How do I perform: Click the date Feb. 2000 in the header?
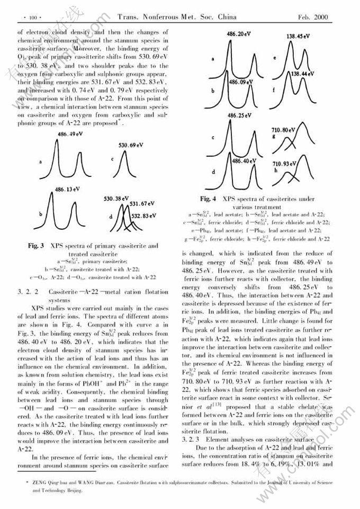314,17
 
